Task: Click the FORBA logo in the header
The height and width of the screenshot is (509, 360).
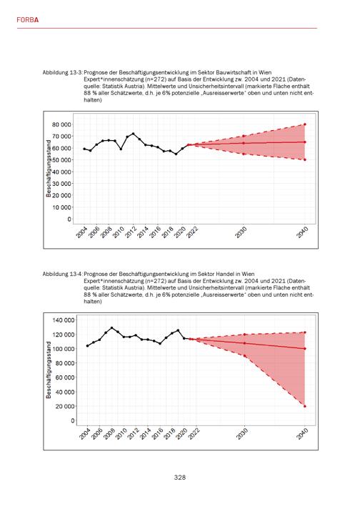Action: pos(28,20)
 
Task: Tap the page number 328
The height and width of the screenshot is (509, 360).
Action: pos(180,478)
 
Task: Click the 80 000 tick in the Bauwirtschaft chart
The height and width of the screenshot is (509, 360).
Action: pos(61,124)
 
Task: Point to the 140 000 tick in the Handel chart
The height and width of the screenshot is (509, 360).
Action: pos(64,320)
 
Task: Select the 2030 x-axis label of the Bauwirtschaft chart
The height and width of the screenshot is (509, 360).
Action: pos(241,233)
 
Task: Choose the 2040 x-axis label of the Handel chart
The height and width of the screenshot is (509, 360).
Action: pos(302,434)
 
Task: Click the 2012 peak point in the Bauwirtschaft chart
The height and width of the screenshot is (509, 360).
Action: pos(133,134)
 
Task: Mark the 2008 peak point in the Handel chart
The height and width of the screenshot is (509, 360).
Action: pos(112,328)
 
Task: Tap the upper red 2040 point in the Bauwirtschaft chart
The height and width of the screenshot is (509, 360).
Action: pos(305,124)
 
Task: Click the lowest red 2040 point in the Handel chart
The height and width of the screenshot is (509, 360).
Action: pos(305,406)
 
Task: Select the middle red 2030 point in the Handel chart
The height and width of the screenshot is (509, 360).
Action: pos(244,343)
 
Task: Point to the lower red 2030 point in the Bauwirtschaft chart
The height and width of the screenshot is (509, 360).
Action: pos(244,154)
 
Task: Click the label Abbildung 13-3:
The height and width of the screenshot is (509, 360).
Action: pos(63,72)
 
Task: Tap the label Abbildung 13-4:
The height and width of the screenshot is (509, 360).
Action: pos(63,274)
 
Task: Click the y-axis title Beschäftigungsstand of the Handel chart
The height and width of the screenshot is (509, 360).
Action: pos(49,370)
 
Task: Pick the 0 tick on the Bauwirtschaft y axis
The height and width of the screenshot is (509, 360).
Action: pos(69,219)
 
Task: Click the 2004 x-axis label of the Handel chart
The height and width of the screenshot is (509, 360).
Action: pos(85,434)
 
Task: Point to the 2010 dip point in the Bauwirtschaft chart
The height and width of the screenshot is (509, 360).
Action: pos(121,149)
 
